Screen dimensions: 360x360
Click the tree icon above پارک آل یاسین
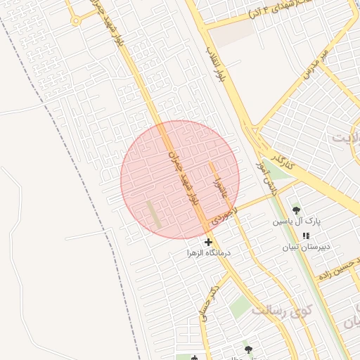pyautogui.click(x=295, y=210)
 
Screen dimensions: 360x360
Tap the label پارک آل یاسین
pyautogui.click(x=297, y=221)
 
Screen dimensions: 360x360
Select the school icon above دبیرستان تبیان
pyautogui.click(x=305, y=236)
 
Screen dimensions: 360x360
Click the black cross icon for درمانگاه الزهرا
pyautogui.click(x=208, y=242)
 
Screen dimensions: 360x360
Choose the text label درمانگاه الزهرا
pyautogui.click(x=209, y=252)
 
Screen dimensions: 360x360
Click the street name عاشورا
pyautogui.click(x=218, y=179)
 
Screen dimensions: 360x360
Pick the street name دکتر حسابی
pyautogui.click(x=209, y=302)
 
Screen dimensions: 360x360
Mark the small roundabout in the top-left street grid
pyautogui.click(x=75, y=20)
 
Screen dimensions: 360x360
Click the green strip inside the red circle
pyautogui.click(x=153, y=214)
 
